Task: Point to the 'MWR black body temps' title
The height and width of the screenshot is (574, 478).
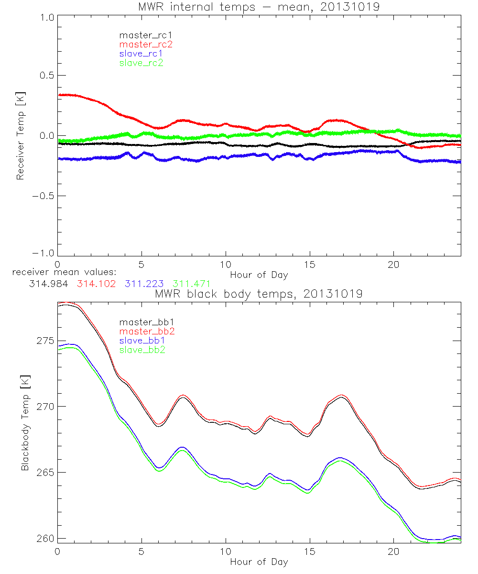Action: [x=259, y=294]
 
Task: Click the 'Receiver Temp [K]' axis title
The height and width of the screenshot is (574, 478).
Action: [x=20, y=135]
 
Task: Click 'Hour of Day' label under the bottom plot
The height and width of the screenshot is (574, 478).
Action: [x=259, y=562]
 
